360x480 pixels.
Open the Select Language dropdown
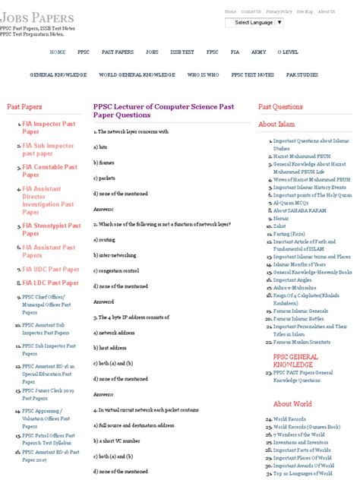click(x=258, y=23)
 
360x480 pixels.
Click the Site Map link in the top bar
click(x=304, y=12)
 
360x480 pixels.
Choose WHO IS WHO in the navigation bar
click(x=203, y=75)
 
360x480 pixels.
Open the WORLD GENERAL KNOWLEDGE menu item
click(x=137, y=75)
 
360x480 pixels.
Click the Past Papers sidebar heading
click(x=24, y=107)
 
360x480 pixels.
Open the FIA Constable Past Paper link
click(x=49, y=171)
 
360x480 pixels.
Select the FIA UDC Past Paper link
click(x=50, y=270)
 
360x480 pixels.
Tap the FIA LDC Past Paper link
click(x=50, y=283)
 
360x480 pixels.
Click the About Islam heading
click(x=278, y=124)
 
